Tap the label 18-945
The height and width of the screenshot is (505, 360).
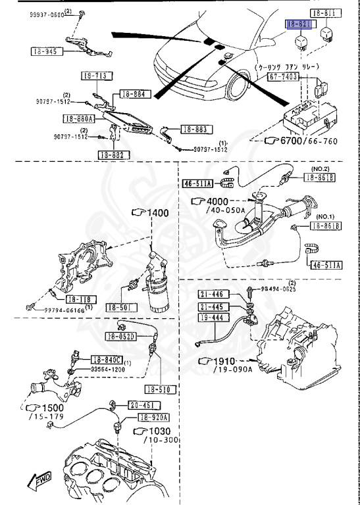tap(45, 51)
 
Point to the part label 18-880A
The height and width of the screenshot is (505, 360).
tap(79, 118)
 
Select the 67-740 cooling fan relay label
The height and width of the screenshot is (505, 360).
tap(283, 77)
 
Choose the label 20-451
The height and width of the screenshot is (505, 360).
tap(141, 405)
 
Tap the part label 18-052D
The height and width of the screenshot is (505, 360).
tap(121, 337)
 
